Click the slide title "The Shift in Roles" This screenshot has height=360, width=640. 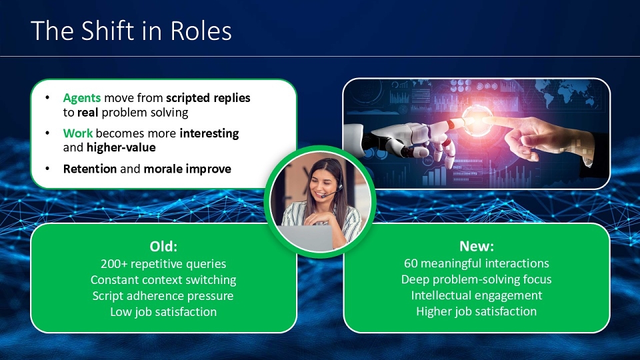pyautogui.click(x=131, y=31)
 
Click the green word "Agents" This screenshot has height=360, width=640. pyautogui.click(x=81, y=98)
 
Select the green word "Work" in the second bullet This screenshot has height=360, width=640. pyautogui.click(x=77, y=133)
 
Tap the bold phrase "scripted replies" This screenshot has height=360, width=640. pyautogui.click(x=208, y=98)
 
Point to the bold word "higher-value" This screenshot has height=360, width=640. pyautogui.click(x=121, y=147)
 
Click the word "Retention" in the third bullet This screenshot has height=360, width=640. pyautogui.click(x=90, y=169)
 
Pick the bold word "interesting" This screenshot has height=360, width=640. pyautogui.click(x=209, y=133)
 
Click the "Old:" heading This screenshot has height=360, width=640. pyautogui.click(x=163, y=246)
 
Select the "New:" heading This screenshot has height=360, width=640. pyautogui.click(x=476, y=246)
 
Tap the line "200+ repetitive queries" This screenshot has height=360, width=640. pyautogui.click(x=163, y=264)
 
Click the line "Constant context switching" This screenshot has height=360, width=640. pyautogui.click(x=163, y=279)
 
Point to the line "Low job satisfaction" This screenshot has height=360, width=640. pyautogui.click(x=163, y=312)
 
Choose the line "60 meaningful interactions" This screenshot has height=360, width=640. pyautogui.click(x=476, y=263)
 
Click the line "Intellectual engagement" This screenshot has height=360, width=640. pyautogui.click(x=476, y=295)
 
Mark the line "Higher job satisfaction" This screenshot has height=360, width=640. pyautogui.click(x=476, y=311)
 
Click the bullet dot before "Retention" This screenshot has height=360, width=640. pyautogui.click(x=47, y=169)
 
